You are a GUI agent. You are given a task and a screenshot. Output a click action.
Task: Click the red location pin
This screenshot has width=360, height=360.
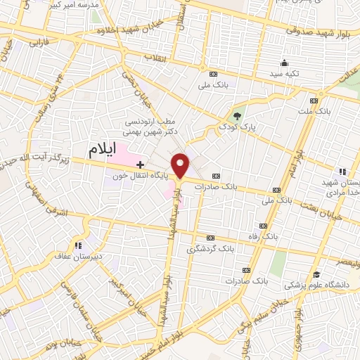pyautogui.click(x=183, y=165)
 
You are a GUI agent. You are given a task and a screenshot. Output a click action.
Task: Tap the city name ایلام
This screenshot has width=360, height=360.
pyautogui.click(x=101, y=150)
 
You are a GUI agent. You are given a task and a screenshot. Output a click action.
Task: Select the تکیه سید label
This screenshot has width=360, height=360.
pyautogui.click(x=287, y=73)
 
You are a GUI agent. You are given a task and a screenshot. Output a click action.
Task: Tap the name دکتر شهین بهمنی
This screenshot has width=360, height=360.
pyautogui.click(x=151, y=131)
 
